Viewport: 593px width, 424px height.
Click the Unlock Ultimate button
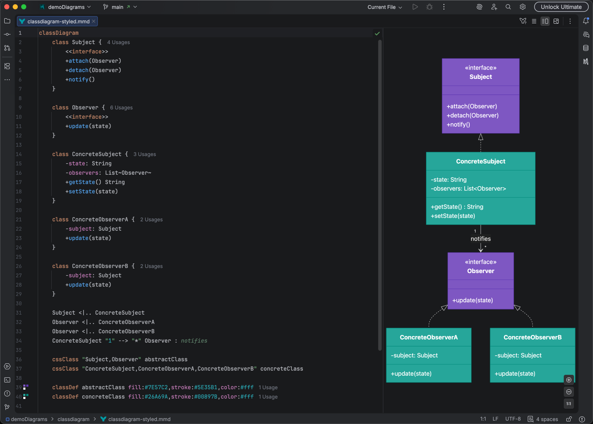coord(561,7)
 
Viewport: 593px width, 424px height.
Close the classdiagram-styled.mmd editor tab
coord(94,21)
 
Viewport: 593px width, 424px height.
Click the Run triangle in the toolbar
coord(415,7)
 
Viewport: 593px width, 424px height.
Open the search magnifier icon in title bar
coord(508,7)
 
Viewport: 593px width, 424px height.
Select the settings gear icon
coord(523,7)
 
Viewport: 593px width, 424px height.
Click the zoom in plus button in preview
coord(569,380)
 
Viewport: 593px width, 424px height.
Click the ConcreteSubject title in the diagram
coord(480,162)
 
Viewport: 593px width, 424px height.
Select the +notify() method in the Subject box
coord(458,125)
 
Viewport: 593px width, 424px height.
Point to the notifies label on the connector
coord(480,239)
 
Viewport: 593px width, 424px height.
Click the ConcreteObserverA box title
coord(429,338)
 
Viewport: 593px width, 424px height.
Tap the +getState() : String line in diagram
coord(457,207)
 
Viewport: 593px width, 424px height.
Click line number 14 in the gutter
coord(19,154)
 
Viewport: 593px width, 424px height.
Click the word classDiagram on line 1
coord(58,33)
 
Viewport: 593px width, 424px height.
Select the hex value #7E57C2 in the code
coord(156,388)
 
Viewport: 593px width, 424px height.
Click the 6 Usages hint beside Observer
coord(121,108)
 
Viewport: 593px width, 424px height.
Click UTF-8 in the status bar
coord(513,419)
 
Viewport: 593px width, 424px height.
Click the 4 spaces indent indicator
coord(547,419)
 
